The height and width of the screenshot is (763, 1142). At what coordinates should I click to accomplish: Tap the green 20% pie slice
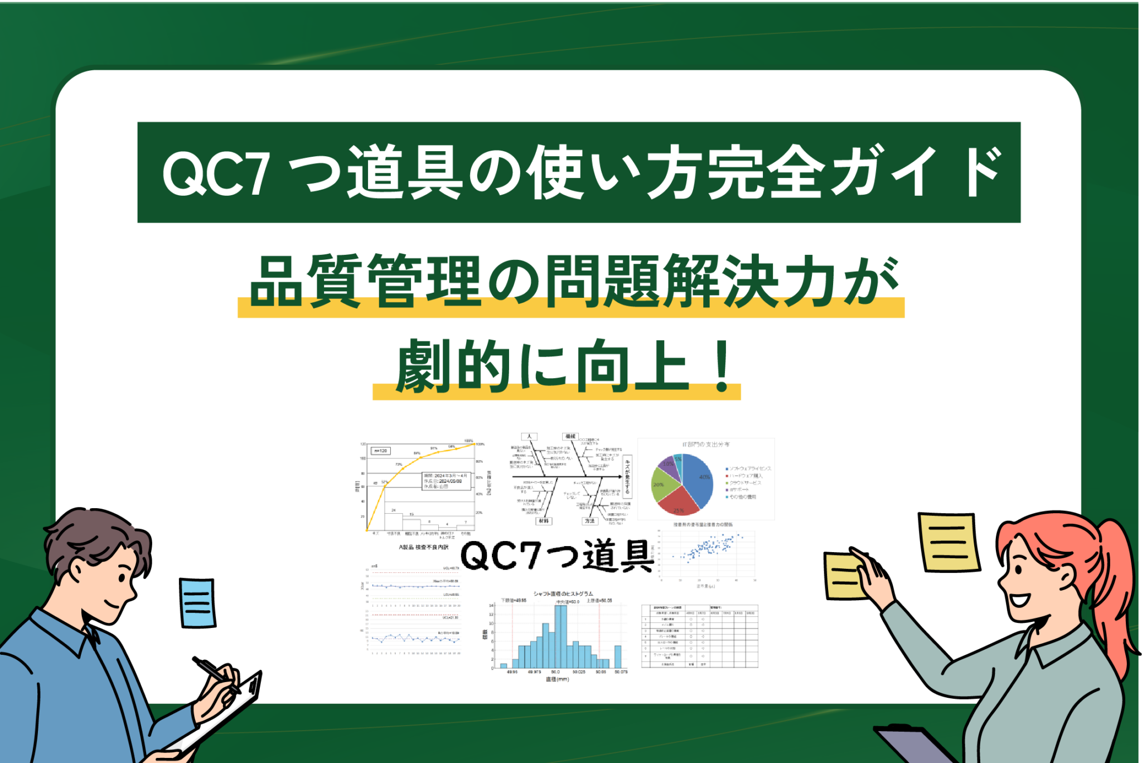(662, 484)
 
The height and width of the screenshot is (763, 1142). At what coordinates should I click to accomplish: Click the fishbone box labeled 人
(529, 436)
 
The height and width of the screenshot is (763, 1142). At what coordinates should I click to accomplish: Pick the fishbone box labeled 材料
(543, 520)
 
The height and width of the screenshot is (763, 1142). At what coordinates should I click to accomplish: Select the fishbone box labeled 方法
(589, 520)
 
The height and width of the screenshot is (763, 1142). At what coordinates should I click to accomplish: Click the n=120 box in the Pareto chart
(381, 450)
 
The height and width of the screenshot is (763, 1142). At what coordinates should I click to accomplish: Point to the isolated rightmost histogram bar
(618, 656)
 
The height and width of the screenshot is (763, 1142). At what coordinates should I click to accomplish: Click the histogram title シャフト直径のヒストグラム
(563, 593)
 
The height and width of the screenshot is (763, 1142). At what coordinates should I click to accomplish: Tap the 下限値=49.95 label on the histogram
(514, 601)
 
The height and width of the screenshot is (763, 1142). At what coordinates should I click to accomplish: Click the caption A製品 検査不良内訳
(424, 547)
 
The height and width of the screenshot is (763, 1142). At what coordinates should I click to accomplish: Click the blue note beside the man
(197, 602)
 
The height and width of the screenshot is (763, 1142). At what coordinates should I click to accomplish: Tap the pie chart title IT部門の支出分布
(705, 445)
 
